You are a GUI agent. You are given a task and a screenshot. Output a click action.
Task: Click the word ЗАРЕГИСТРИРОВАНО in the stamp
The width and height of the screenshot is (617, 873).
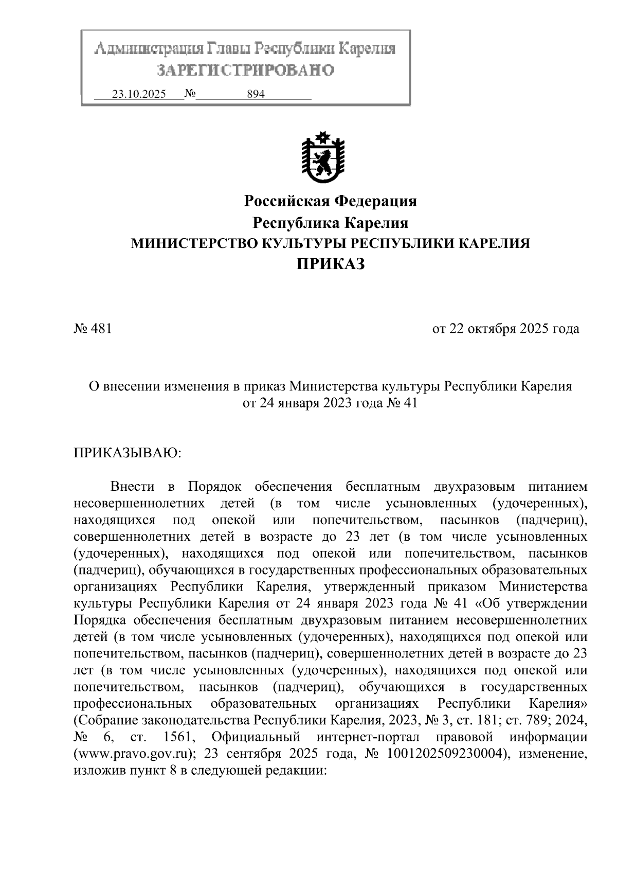[x=245, y=70]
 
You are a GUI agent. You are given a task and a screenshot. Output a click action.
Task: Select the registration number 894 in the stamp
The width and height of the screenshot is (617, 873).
[x=256, y=94]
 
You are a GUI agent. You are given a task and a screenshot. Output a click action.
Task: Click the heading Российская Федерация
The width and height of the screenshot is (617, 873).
[x=330, y=201]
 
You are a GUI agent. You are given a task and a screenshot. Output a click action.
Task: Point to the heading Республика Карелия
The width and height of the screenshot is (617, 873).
[x=330, y=223]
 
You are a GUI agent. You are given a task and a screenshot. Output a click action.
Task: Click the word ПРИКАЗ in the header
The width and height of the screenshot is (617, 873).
[x=330, y=264]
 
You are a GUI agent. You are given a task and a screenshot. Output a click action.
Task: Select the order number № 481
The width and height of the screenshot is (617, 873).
[x=93, y=328]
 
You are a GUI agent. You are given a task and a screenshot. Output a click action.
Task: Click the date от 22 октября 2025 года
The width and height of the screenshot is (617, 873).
[x=505, y=328]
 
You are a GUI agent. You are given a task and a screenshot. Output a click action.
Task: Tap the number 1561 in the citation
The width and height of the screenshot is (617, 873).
[x=178, y=737]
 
